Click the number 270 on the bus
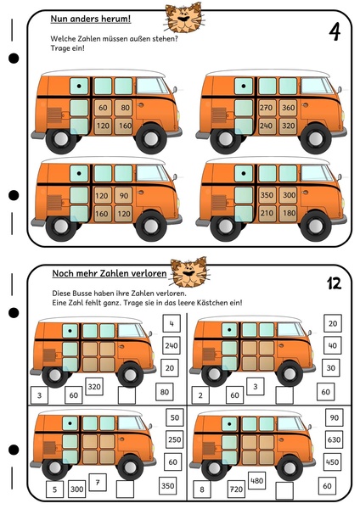point(266,108)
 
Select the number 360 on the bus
point(288,108)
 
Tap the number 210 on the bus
point(267,213)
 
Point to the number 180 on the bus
point(289,213)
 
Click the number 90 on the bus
point(123,195)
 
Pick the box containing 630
point(334,439)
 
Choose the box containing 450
point(332,462)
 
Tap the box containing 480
point(256,481)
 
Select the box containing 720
point(236,489)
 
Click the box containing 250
point(174,439)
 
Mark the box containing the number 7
point(98,483)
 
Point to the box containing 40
point(332,346)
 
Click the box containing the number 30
point(331,368)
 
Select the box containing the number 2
point(200,395)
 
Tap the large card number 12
point(335,283)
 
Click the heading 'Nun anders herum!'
point(91,19)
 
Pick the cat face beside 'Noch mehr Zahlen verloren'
point(189,272)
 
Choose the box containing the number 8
point(202,489)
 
